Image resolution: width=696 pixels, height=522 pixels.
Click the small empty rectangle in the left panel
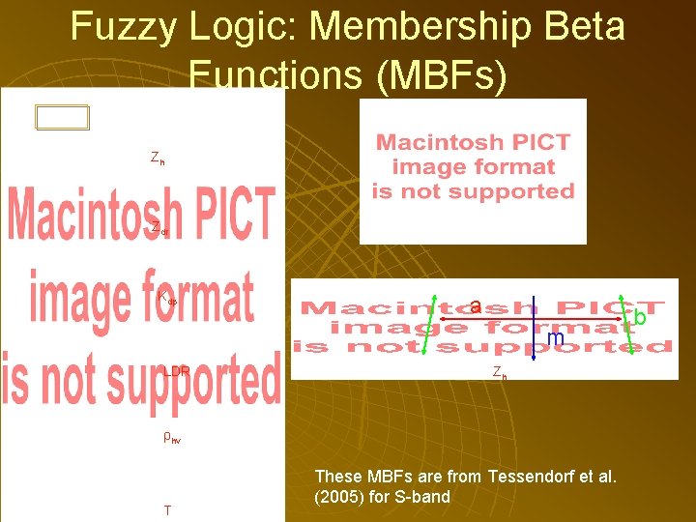pyautogui.click(x=62, y=118)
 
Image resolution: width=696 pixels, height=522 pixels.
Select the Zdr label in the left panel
pyautogui.click(x=159, y=228)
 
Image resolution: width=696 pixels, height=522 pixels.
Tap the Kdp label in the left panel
pyautogui.click(x=167, y=298)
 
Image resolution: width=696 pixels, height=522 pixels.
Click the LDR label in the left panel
pyautogui.click(x=176, y=371)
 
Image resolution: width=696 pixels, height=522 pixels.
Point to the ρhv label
pyautogui.click(x=171, y=437)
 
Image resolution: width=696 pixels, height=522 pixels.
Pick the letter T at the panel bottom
pyautogui.click(x=168, y=509)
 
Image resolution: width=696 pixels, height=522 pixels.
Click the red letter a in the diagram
pyautogui.click(x=476, y=306)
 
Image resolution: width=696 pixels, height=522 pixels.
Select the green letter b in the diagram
pyautogui.click(x=640, y=317)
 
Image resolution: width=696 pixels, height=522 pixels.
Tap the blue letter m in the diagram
pyautogui.click(x=555, y=338)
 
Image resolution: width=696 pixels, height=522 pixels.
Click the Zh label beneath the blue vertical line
pyautogui.click(x=499, y=372)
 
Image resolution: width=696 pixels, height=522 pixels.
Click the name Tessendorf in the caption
pyautogui.click(x=531, y=477)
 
